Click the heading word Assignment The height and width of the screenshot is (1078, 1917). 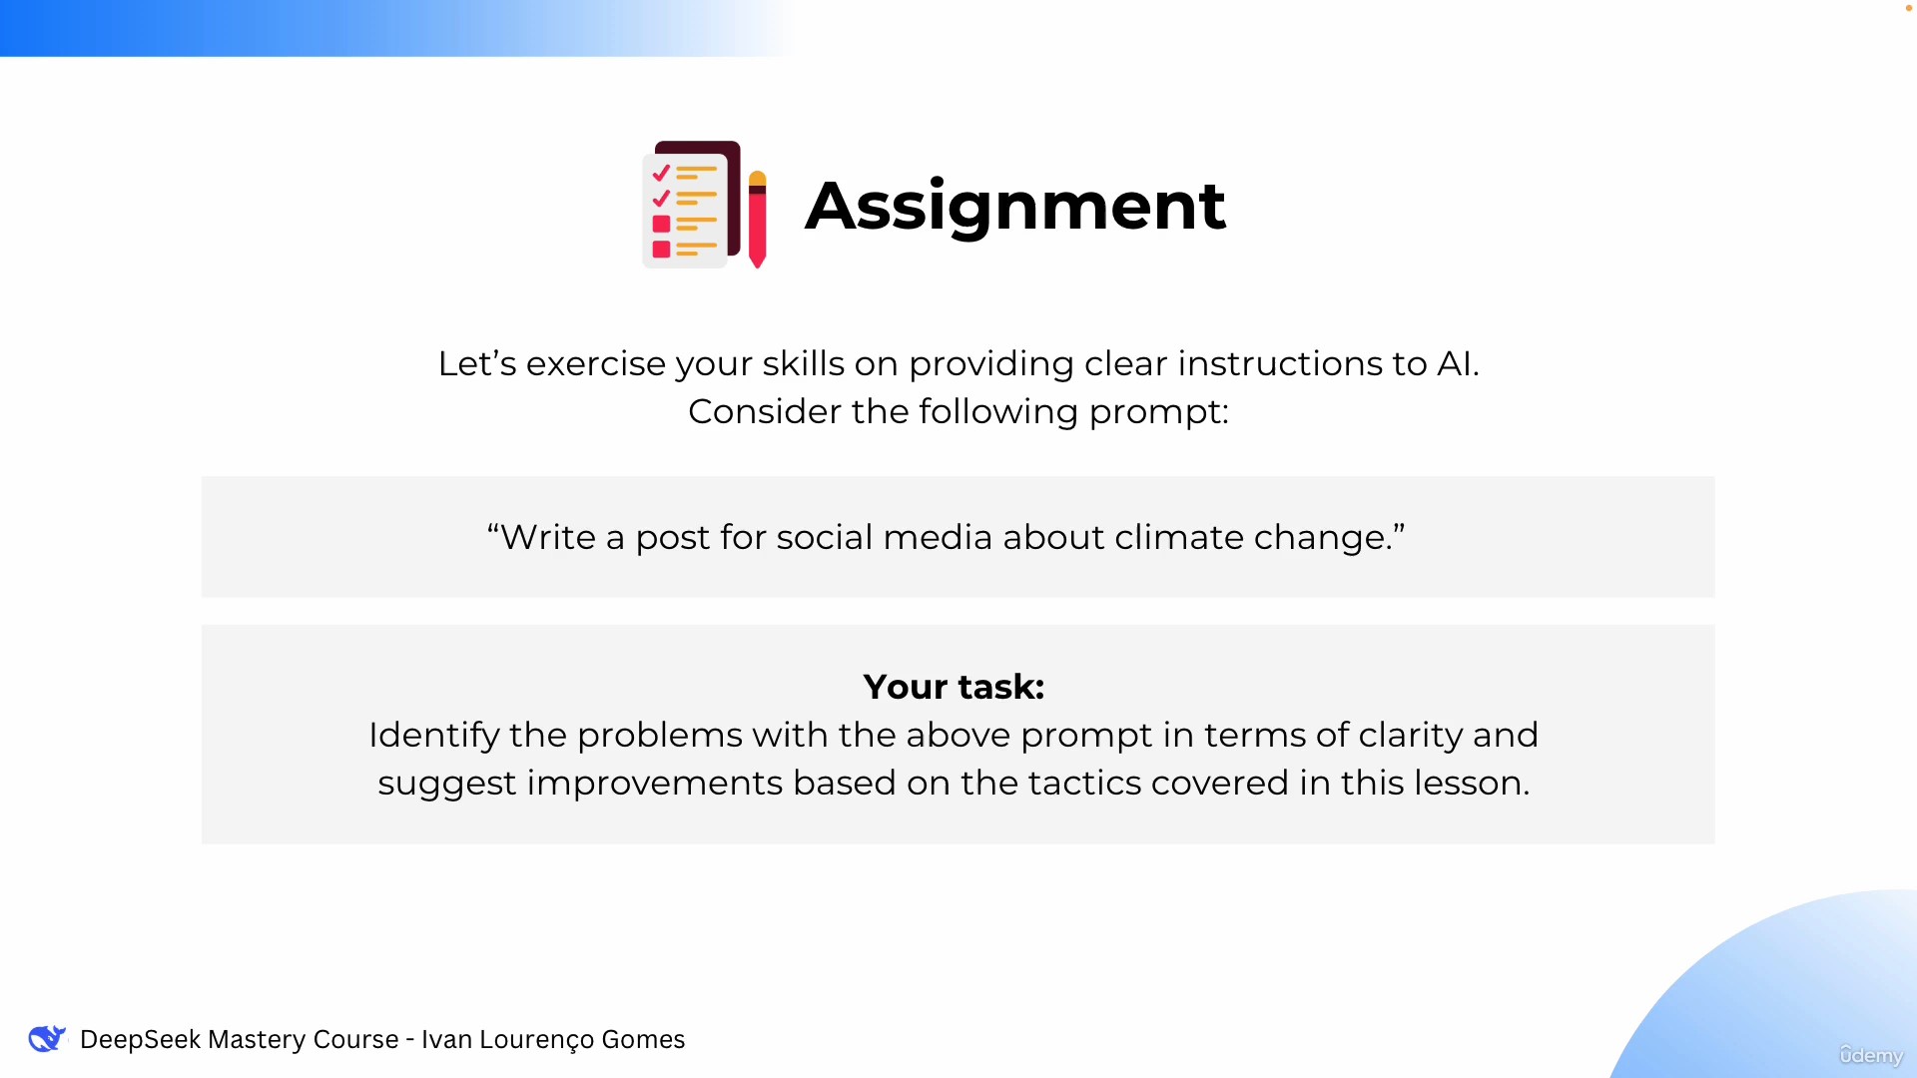(x=1015, y=207)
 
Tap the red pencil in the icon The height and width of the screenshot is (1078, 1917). (x=757, y=220)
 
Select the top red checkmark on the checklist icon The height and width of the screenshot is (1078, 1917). (x=661, y=173)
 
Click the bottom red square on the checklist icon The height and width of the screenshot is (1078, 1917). (x=661, y=249)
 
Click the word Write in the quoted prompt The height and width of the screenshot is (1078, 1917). (x=548, y=537)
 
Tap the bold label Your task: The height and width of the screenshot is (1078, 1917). (x=954, y=687)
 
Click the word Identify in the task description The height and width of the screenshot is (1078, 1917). (x=433, y=736)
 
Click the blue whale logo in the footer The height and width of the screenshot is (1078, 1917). (x=47, y=1038)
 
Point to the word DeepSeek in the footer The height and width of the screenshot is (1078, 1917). (x=139, y=1039)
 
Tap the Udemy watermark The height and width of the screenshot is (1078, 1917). (x=1871, y=1055)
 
